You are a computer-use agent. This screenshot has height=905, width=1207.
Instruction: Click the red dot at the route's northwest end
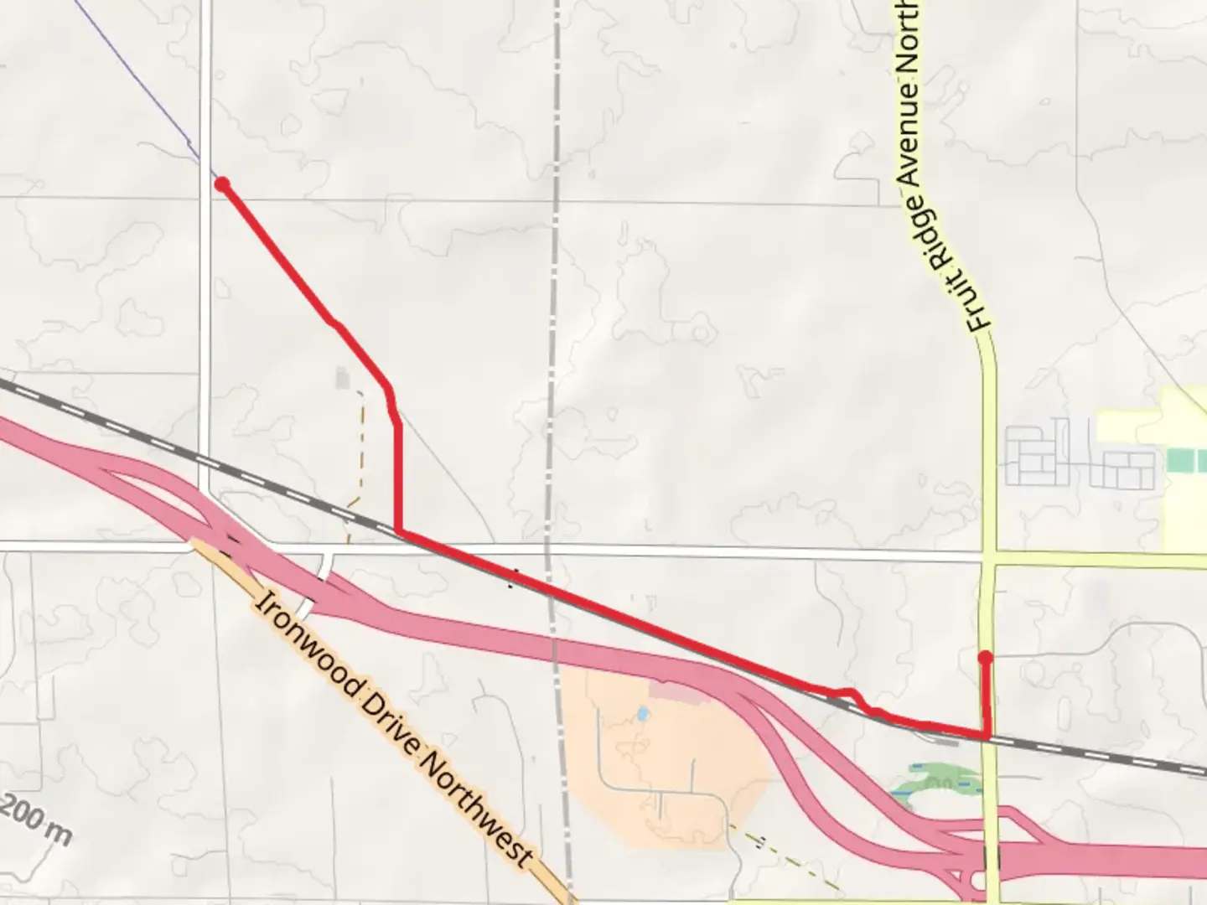pyautogui.click(x=222, y=184)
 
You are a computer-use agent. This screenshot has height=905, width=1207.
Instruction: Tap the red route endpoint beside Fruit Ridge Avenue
pyautogui.click(x=986, y=658)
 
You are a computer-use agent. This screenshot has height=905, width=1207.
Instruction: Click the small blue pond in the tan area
pyautogui.click(x=642, y=715)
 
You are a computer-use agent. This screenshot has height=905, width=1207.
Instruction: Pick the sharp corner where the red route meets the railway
pyautogui.click(x=399, y=531)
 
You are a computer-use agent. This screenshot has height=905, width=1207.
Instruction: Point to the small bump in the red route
pyautogui.click(x=850, y=693)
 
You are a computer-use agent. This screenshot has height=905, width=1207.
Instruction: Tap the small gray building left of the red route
pyautogui.click(x=342, y=378)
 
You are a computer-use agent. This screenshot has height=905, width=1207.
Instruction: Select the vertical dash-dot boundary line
pyautogui.click(x=553, y=335)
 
